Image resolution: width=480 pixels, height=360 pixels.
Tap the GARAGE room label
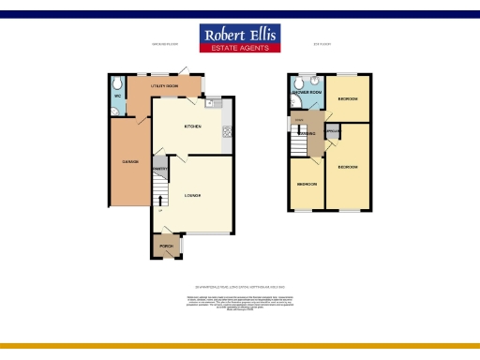[x=130, y=162]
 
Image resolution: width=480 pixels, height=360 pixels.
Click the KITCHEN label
[x=193, y=126]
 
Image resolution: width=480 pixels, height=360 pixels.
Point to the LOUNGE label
[x=193, y=195]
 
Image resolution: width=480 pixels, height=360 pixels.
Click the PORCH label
[x=165, y=247]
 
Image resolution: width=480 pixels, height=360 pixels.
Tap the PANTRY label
[x=159, y=168]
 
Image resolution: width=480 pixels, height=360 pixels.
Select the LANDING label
[x=307, y=133]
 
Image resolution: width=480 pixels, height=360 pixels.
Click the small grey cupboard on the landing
[x=332, y=131]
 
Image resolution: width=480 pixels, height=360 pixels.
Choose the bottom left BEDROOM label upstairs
[x=306, y=184]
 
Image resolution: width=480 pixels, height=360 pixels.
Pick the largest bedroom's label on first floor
[x=348, y=167]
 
